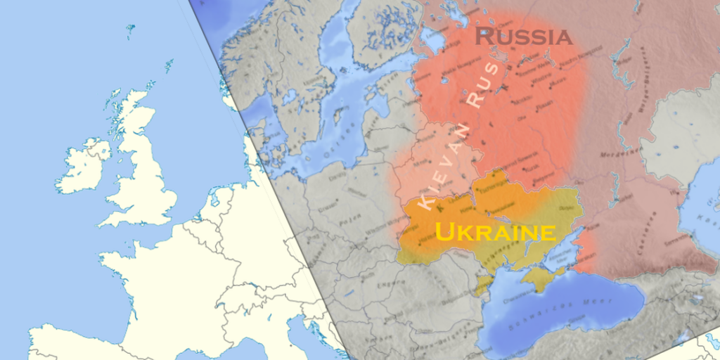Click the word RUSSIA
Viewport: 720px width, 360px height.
pos(524,37)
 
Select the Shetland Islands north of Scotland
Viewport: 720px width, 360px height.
pos(169,67)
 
